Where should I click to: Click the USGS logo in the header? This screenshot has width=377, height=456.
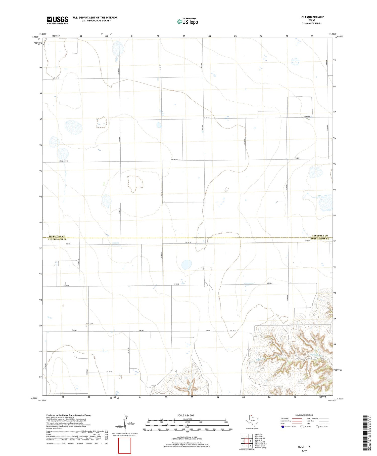coord(57,20)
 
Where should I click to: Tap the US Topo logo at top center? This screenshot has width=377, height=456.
coord(187,21)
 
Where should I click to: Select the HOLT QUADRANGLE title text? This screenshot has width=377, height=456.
coord(311,17)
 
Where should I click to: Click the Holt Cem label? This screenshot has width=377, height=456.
coord(89,324)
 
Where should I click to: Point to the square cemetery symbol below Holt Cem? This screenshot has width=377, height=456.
coord(87,326)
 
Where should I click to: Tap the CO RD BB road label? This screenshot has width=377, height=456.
coord(56,78)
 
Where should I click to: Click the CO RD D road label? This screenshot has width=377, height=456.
coord(109,372)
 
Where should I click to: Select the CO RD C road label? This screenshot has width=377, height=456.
coord(233,330)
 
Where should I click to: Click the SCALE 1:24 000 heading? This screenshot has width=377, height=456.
coord(185,415)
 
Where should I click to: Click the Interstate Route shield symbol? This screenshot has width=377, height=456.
coord(283,427)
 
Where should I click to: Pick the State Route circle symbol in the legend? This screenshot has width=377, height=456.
coord(317,427)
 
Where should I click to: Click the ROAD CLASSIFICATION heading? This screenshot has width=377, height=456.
coord(304,415)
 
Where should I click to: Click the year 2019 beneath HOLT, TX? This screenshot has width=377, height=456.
coord(304,451)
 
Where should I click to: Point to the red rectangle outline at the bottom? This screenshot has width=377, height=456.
coord(125,445)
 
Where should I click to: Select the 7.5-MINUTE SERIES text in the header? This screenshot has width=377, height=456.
coord(312,23)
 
